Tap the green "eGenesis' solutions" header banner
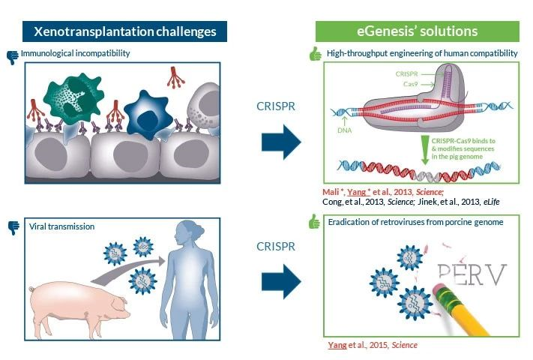click(418, 31)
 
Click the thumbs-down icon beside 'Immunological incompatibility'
click(12, 55)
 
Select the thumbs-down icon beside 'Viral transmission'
click(12, 225)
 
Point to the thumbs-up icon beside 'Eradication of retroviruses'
click(316, 221)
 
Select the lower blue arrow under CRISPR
click(281, 281)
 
